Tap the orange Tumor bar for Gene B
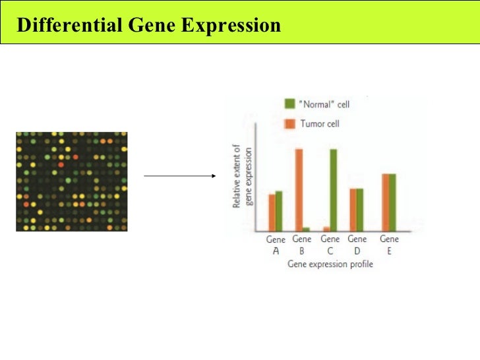click(299, 190)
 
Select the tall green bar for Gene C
click(334, 190)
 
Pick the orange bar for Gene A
click(272, 212)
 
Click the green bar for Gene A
click(279, 211)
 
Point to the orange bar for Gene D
click(353, 210)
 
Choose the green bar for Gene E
click(393, 202)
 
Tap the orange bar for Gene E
click(386, 202)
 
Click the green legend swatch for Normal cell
click(289, 104)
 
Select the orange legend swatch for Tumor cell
click(289, 124)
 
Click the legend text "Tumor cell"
click(320, 124)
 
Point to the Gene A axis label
click(276, 245)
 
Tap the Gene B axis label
click(302, 245)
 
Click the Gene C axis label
click(330, 245)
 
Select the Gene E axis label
click(390, 245)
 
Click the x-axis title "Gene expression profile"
click(330, 264)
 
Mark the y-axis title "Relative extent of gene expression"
click(242, 177)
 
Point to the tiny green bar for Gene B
click(306, 229)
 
